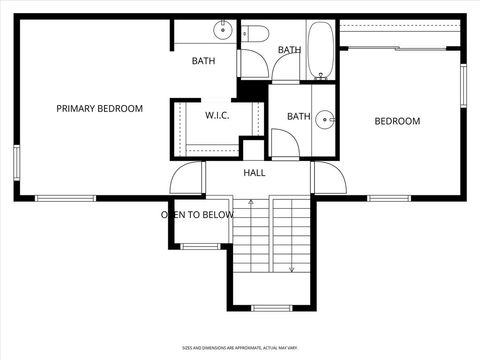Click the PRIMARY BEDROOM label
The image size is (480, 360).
tap(99, 108)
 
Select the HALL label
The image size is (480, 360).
tap(255, 173)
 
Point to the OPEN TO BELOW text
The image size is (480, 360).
tap(197, 215)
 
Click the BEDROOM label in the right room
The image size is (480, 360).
tap(397, 122)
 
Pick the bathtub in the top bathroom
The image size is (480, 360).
tap(322, 50)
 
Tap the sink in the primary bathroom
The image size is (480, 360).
tap(222, 32)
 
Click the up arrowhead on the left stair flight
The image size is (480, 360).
tap(253, 203)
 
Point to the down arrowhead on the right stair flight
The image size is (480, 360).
tap(292, 268)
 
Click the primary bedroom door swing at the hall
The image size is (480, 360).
tap(187, 178)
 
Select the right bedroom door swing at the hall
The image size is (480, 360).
tap(328, 178)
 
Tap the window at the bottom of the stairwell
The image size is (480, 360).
tap(270, 307)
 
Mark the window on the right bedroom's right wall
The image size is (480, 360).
tap(463, 87)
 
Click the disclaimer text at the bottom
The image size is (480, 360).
tap(240, 348)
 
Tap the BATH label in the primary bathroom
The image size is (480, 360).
tap(203, 61)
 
